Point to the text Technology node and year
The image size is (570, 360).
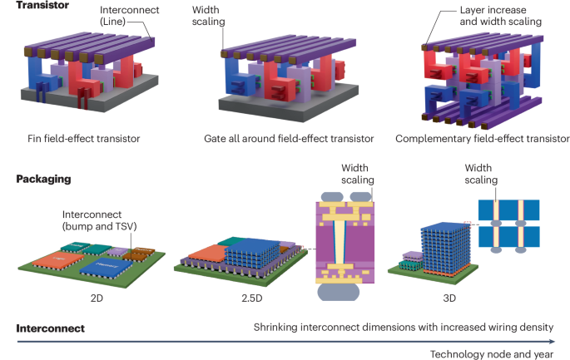(491, 353)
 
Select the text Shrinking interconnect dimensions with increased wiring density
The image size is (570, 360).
(403, 328)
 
